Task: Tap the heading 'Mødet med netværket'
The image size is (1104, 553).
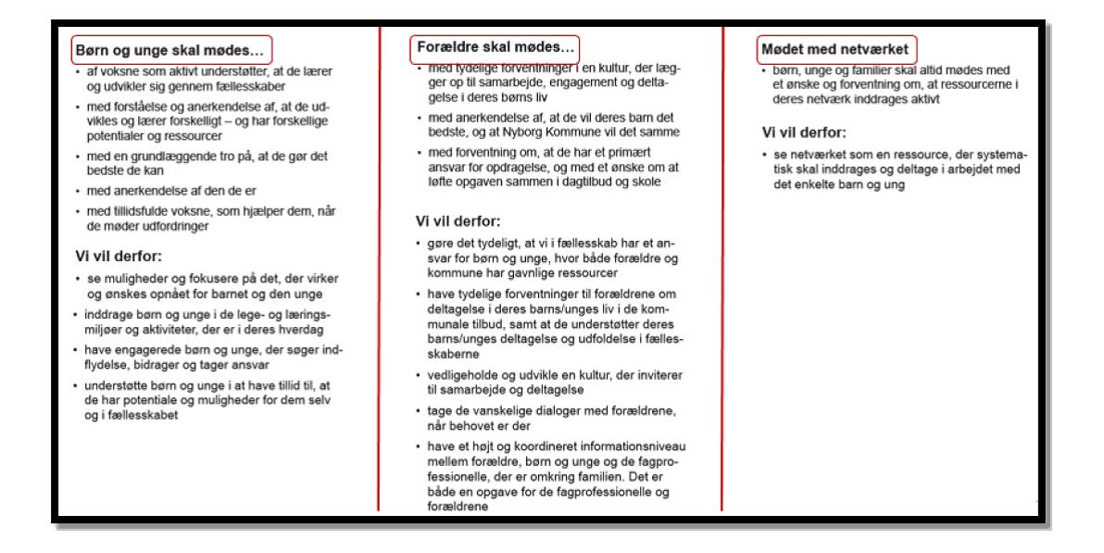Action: [814, 46]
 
